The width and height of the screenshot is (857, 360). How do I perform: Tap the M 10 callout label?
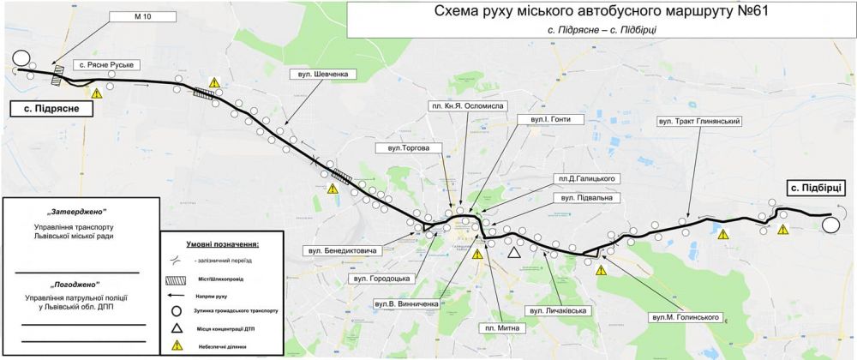[142, 15]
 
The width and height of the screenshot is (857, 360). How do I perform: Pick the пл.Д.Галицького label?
[587, 177]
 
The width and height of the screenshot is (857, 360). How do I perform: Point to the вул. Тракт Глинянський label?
[698, 121]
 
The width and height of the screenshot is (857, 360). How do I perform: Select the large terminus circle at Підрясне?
[21, 59]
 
